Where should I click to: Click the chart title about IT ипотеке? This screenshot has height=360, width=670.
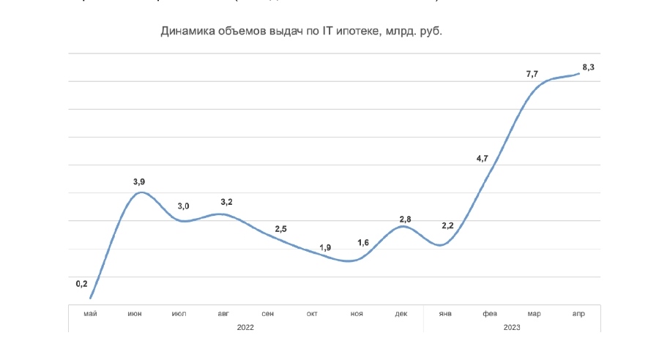tap(302, 32)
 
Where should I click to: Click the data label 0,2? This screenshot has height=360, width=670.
tap(81, 284)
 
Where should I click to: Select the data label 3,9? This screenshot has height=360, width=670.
tap(140, 181)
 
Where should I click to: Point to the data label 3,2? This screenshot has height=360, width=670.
tap(226, 201)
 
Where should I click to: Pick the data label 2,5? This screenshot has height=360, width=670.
tap(281, 230)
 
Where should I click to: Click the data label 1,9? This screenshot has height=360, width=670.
tap(325, 247)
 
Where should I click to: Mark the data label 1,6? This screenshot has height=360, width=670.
tap(363, 243)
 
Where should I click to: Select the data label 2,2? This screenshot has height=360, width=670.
tap(448, 226)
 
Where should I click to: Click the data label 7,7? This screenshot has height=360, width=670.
tap(532, 74)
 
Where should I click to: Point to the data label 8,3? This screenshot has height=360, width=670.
tap(588, 67)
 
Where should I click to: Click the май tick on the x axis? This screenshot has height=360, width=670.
tap(91, 313)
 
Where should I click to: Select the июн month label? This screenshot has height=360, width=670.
tap(135, 313)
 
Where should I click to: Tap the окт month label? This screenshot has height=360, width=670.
tap(312, 313)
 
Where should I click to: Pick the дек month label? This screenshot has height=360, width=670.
tap(401, 313)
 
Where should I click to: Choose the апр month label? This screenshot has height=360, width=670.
tap(578, 313)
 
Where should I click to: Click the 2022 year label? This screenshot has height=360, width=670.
tap(245, 327)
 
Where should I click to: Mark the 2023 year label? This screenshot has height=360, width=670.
tap(512, 327)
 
